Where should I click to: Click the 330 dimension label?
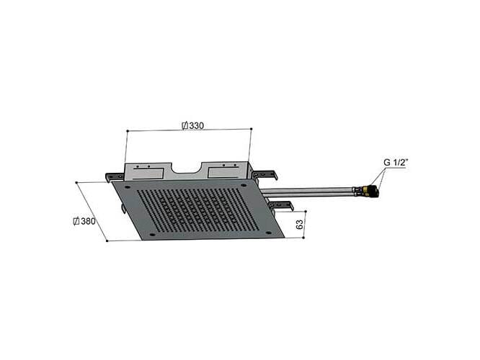pos(193,126)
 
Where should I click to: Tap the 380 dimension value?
pos(85,221)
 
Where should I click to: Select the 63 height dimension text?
pos(300,224)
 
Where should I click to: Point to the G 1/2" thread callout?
pos(395,163)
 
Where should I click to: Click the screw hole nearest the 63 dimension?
pos(268,233)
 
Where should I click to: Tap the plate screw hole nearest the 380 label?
pos(152,235)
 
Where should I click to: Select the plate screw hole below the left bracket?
pos(128,187)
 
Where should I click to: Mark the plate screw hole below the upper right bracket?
pos(244,185)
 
